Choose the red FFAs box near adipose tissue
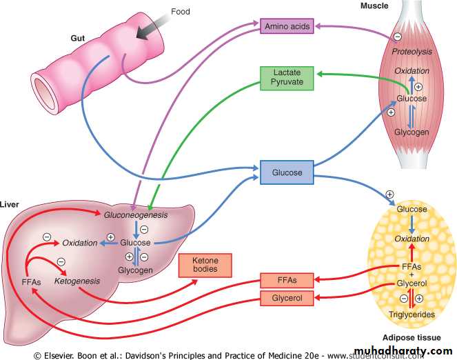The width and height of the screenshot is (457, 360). click(x=287, y=280)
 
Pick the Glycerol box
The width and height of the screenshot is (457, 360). click(x=287, y=298)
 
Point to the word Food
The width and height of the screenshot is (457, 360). click(x=180, y=12)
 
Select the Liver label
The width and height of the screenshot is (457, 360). click(x=9, y=206)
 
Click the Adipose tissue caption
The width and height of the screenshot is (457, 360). click(x=411, y=337)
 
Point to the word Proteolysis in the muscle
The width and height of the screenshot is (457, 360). click(x=412, y=52)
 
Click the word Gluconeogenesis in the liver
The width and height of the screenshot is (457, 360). click(x=136, y=216)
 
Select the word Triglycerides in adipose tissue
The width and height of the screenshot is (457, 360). click(x=412, y=314)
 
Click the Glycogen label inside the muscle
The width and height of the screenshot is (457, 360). click(x=412, y=131)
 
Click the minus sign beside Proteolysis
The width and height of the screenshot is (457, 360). click(x=398, y=37)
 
